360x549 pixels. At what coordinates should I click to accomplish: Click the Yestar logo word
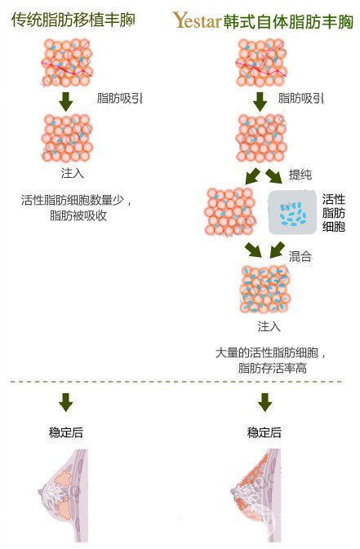tap(197, 20)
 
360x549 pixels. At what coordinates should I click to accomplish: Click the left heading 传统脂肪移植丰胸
tap(73, 20)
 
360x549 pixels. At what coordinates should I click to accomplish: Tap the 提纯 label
tap(300, 175)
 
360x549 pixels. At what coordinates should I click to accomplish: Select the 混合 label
tap(300, 256)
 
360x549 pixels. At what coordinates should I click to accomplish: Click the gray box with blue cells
tap(292, 213)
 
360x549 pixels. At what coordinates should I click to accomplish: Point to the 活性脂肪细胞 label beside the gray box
tap(334, 213)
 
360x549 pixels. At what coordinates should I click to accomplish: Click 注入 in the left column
tap(73, 173)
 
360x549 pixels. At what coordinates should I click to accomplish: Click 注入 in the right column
tap(269, 326)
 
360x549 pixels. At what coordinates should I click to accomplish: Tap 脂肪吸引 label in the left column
tap(119, 98)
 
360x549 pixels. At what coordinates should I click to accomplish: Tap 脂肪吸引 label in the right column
tap(300, 98)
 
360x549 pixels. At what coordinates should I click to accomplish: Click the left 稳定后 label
tap(66, 432)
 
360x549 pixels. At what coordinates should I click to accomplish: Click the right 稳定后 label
tap(264, 432)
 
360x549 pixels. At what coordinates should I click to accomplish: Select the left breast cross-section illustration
tap(64, 495)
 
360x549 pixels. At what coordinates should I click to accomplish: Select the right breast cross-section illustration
tap(256, 495)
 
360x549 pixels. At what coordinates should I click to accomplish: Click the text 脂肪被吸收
tap(78, 215)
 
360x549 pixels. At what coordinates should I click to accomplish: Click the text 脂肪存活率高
tap(273, 368)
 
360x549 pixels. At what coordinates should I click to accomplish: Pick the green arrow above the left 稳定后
tap(66, 402)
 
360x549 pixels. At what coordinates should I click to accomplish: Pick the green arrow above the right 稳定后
tap(264, 402)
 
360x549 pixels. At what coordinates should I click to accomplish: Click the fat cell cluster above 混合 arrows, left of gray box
tap(230, 212)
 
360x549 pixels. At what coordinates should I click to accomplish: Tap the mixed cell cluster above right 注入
tap(265, 290)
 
